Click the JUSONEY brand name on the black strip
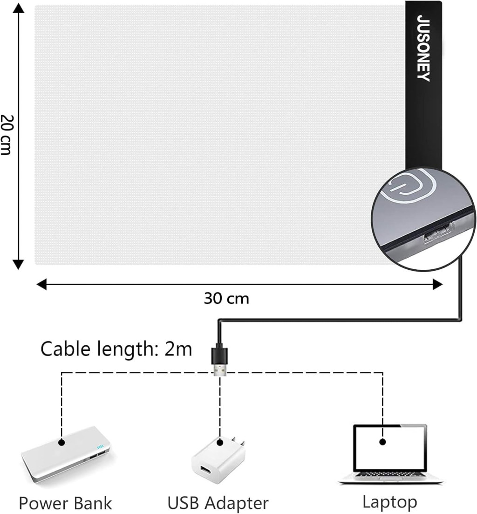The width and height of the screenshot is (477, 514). (423, 48)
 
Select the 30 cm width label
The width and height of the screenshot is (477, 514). (226, 298)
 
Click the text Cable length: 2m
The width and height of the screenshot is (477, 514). (116, 349)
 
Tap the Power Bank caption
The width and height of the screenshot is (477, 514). (65, 503)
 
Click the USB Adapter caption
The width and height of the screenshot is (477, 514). (218, 503)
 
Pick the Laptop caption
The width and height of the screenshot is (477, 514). (389, 502)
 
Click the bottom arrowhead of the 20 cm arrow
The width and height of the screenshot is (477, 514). (18, 265)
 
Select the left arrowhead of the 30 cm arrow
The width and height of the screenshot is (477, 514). (41, 284)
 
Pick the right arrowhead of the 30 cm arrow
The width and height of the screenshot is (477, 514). (437, 284)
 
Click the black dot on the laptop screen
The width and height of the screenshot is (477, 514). (383, 441)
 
